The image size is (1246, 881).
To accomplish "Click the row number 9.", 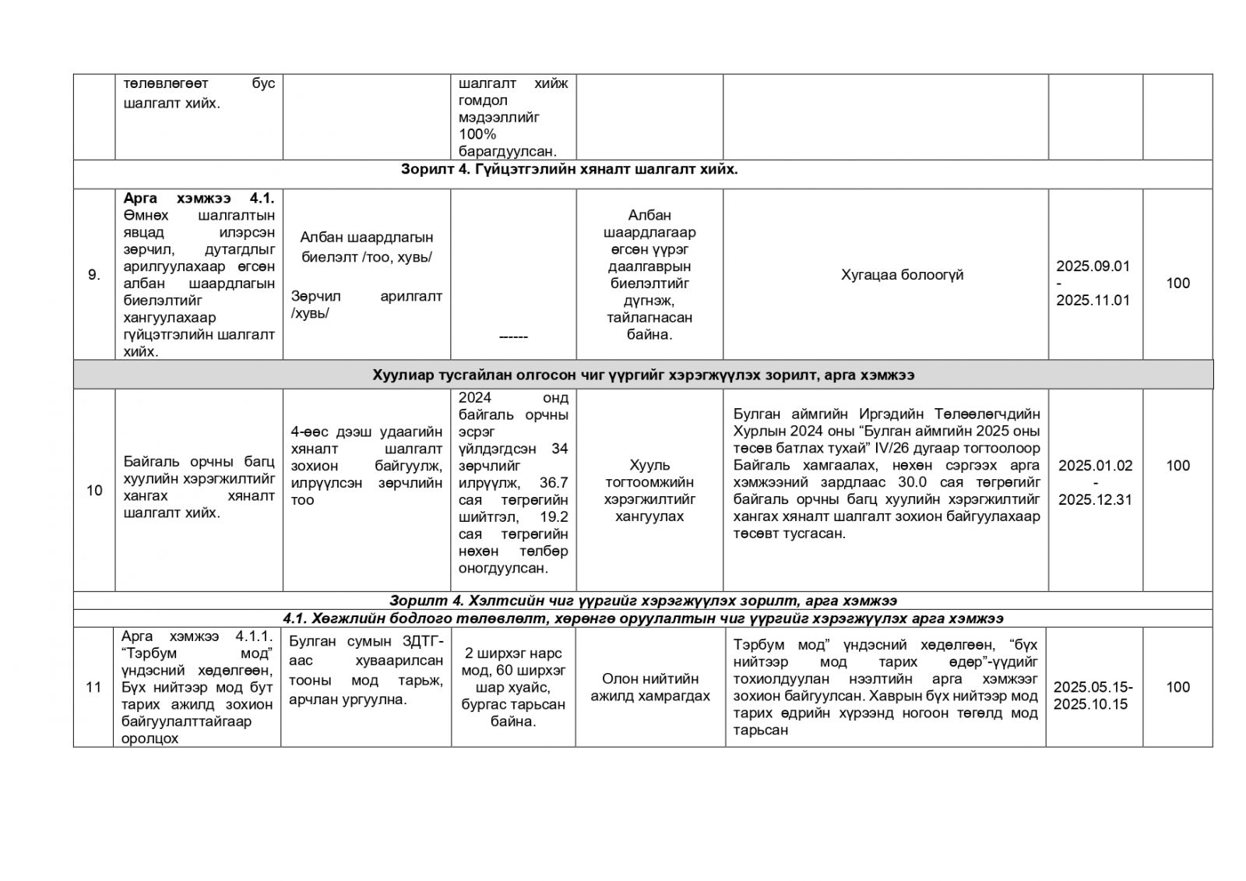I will tap(93, 274).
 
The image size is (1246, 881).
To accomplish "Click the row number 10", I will tap(94, 490).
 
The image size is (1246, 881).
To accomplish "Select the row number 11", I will tap(93, 687).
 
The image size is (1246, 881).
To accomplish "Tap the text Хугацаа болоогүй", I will tap(902, 274).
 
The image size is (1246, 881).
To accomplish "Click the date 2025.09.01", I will tap(1093, 266).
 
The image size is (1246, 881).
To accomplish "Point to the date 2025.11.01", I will tap(1093, 300).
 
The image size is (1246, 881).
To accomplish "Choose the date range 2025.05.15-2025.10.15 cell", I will tap(1093, 695).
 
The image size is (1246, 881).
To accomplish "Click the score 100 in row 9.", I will tap(1177, 283).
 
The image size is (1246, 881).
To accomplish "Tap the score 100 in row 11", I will tap(1177, 686).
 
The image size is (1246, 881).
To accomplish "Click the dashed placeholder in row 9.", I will tap(512, 336).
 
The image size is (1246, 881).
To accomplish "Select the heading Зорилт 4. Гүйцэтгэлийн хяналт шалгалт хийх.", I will tap(569, 169).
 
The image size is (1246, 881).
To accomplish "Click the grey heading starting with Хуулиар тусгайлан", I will tap(643, 375).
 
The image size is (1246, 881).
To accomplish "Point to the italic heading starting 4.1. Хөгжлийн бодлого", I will tap(642, 618).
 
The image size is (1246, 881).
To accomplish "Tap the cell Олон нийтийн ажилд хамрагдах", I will tap(649, 687).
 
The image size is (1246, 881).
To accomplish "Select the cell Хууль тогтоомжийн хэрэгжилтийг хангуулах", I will tap(649, 490).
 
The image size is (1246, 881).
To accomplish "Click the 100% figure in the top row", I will tap(477, 134).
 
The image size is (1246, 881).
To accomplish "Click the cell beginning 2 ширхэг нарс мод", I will tap(512, 687).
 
